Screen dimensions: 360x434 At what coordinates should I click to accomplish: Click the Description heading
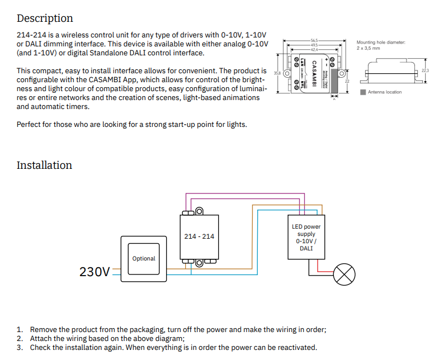pyautogui.click(x=45, y=18)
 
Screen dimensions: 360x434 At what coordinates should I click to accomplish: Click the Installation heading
pyautogui.click(x=44, y=165)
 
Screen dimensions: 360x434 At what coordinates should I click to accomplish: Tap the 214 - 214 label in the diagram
pyautogui.click(x=199, y=236)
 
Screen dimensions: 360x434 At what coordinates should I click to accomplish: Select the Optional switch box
pyautogui.click(x=144, y=258)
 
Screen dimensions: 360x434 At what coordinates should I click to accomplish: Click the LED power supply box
pyautogui.click(x=306, y=238)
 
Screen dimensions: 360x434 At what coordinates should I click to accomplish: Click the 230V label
pyautogui.click(x=95, y=272)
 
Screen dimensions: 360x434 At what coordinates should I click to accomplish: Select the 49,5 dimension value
pyautogui.click(x=314, y=45)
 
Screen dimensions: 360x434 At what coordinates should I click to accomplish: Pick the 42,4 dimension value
pyautogui.click(x=314, y=49)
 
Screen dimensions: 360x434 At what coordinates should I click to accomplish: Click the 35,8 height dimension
pyautogui.click(x=277, y=73)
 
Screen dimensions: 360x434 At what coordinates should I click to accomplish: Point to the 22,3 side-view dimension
pyautogui.click(x=425, y=70)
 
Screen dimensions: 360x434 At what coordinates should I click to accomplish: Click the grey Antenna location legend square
pyautogui.click(x=363, y=92)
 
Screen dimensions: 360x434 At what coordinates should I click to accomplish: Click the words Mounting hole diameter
pyautogui.click(x=381, y=42)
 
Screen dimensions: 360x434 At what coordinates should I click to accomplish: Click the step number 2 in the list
pyautogui.click(x=20, y=338)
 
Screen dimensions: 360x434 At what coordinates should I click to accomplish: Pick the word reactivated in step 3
pyautogui.click(x=296, y=347)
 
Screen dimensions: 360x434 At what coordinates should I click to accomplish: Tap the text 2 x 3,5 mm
pyautogui.click(x=369, y=48)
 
